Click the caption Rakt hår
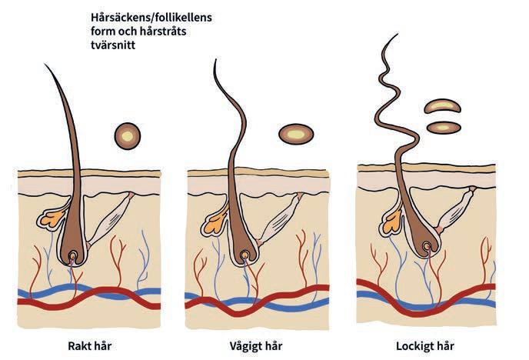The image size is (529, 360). click(x=90, y=345)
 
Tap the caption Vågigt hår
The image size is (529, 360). click(x=255, y=345)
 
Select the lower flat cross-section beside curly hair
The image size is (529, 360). click(x=443, y=126)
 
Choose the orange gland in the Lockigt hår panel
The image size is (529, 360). click(x=391, y=222)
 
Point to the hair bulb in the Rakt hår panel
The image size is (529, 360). click(x=74, y=255)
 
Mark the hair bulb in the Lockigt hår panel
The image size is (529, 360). click(x=425, y=245)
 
